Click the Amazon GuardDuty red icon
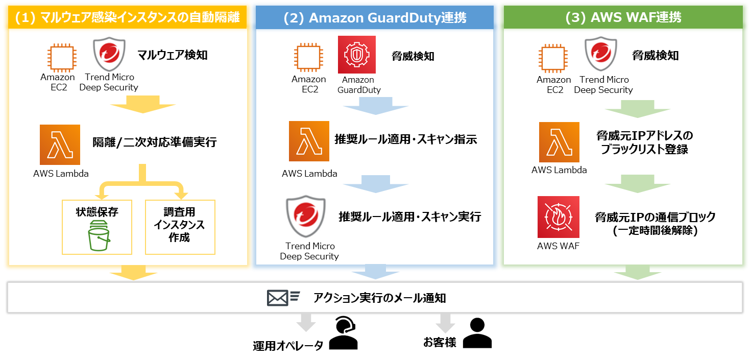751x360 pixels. (x=356, y=55)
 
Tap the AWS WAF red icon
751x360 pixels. (x=558, y=217)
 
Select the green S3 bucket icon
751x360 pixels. (x=99, y=236)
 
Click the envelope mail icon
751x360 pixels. (x=277, y=298)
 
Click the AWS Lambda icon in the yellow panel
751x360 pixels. (x=60, y=145)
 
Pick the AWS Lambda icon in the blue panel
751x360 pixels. (x=309, y=141)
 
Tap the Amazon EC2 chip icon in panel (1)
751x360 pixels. (x=57, y=56)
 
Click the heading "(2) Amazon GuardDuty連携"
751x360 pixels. (x=374, y=17)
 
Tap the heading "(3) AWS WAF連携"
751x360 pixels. (x=623, y=17)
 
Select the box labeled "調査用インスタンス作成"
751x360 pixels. (x=180, y=227)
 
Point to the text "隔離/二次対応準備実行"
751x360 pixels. (x=154, y=142)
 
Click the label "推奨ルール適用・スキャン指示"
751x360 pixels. (x=405, y=139)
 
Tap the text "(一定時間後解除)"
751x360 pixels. (x=655, y=230)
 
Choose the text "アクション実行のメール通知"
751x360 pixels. (x=379, y=298)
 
